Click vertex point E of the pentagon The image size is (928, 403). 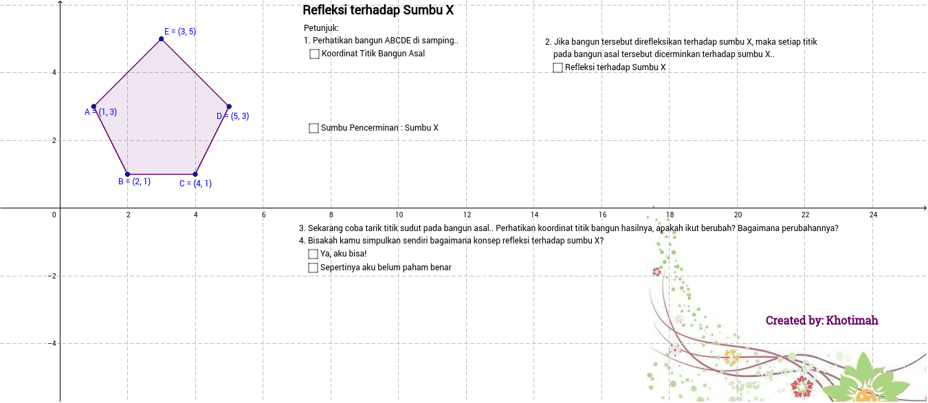(162, 39)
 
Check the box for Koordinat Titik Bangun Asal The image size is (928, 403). (315, 54)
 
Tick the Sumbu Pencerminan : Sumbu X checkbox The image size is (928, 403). (314, 128)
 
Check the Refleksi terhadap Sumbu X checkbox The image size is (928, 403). (558, 67)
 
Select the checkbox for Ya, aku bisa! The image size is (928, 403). (313, 254)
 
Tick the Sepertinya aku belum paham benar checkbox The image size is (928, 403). (313, 268)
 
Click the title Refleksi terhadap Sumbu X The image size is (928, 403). (378, 10)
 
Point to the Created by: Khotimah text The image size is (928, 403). (821, 320)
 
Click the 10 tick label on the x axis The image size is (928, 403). (399, 215)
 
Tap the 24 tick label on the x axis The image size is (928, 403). (873, 215)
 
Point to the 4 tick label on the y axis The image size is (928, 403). (54, 73)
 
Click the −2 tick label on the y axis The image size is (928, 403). (52, 276)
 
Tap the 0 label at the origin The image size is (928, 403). (54, 215)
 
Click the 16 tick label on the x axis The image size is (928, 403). (602, 215)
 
